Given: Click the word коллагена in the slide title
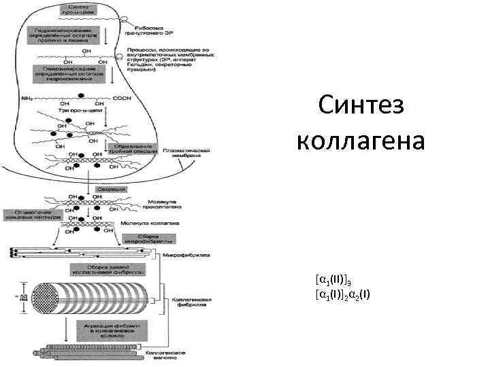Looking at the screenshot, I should coord(361,142).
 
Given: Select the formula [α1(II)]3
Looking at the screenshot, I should coord(333,279).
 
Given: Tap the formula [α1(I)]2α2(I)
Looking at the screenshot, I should coord(343,294).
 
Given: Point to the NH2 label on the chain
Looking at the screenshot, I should coord(27,98).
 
